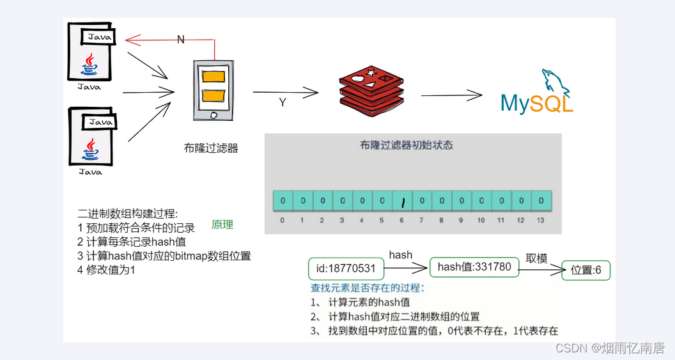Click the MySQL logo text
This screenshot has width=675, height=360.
[x=536, y=104]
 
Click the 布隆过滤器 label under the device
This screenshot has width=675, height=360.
[x=211, y=148]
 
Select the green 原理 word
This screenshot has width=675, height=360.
[x=222, y=224]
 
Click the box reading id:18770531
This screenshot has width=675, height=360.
[x=346, y=268]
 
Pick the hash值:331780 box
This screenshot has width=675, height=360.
[x=474, y=267]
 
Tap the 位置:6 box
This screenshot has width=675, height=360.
[x=586, y=270]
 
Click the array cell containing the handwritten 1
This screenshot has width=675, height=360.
[x=402, y=201]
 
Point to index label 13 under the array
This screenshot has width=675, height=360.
[x=541, y=221]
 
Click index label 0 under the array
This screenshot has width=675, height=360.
[x=283, y=221]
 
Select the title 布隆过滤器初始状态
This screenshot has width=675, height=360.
[x=407, y=145]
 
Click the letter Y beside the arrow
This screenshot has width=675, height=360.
[x=283, y=102]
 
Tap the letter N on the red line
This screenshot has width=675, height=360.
[x=180, y=40]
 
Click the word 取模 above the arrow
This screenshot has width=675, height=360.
[x=537, y=258]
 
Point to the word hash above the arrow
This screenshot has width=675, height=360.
[x=401, y=255]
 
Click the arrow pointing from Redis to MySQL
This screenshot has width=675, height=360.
[x=451, y=96]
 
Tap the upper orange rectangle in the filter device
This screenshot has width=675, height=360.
[x=213, y=76]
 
